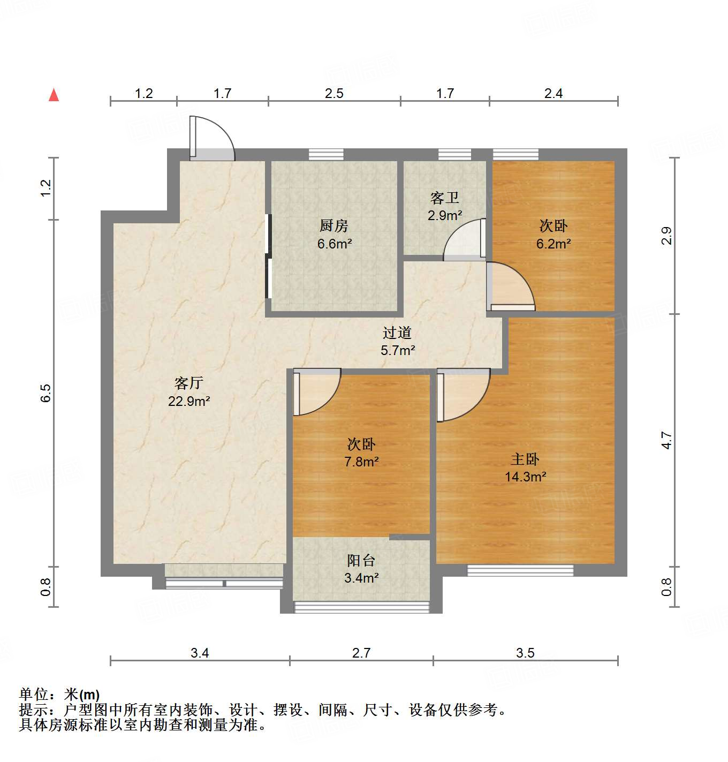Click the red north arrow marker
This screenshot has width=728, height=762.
(x=54, y=95)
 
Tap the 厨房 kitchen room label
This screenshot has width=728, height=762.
(x=334, y=226)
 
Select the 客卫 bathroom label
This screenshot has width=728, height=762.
(x=444, y=198)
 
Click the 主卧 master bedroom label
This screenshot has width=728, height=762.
(x=525, y=459)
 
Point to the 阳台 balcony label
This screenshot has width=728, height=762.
(x=361, y=561)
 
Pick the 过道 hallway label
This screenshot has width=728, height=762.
(x=397, y=333)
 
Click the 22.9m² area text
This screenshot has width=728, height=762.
(x=188, y=401)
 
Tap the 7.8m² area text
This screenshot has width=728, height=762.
(x=361, y=462)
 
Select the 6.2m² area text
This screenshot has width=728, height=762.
(x=553, y=244)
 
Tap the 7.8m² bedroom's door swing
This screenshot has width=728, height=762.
(x=315, y=393)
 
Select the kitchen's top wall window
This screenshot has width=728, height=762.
(x=326, y=154)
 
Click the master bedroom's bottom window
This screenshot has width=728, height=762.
(x=520, y=570)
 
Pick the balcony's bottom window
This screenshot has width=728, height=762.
(x=362, y=607)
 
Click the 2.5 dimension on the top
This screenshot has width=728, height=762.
(x=334, y=94)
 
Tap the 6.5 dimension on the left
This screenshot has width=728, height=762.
(x=46, y=393)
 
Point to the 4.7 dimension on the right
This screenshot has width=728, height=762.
(x=666, y=440)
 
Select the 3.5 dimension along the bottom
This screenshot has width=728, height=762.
(x=525, y=653)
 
